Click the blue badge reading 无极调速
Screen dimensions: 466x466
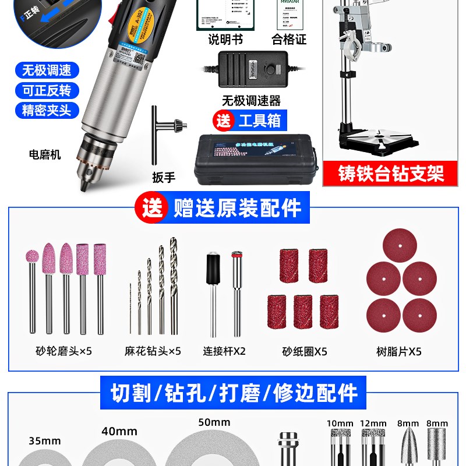pyautogui.click(x=47, y=71)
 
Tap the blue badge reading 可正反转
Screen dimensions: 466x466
pyautogui.click(x=47, y=90)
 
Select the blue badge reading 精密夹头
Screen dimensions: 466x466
pyautogui.click(x=47, y=110)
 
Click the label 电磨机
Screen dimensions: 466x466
pyautogui.click(x=45, y=155)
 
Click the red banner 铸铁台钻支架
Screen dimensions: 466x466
pyautogui.click(x=391, y=174)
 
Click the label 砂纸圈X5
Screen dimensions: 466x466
pyautogui.click(x=303, y=351)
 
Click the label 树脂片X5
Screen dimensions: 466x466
pyautogui.click(x=399, y=351)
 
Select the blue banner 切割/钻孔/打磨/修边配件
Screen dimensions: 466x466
pyautogui.click(x=234, y=393)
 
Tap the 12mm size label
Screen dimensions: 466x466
pyautogui.click(x=373, y=423)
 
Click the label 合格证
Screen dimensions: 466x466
pyautogui.click(x=289, y=40)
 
